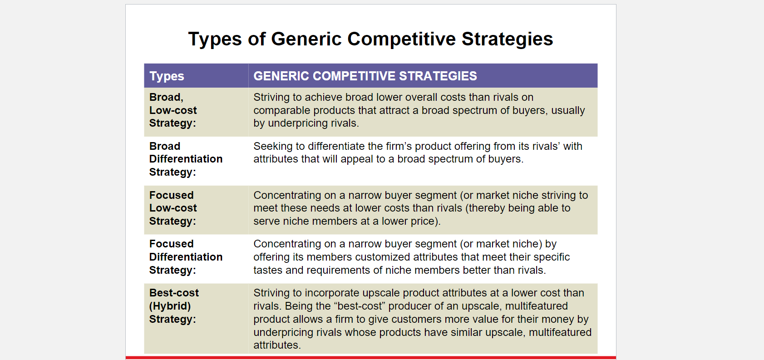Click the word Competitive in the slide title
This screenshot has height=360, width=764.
pyautogui.click(x=401, y=39)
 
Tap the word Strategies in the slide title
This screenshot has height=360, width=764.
pyautogui.click(x=507, y=39)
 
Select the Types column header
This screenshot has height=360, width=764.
pyautogui.click(x=167, y=76)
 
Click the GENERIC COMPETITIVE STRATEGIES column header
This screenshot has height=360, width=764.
pyautogui.click(x=365, y=76)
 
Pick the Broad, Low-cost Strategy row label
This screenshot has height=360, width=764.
pyautogui.click(x=173, y=110)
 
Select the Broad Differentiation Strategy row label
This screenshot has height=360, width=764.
pyautogui.click(x=186, y=159)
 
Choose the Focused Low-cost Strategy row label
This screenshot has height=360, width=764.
pyautogui.click(x=173, y=208)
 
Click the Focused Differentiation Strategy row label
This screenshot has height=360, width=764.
pyautogui.click(x=186, y=257)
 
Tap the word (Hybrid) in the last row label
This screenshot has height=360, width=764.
pyautogui.click(x=170, y=306)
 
